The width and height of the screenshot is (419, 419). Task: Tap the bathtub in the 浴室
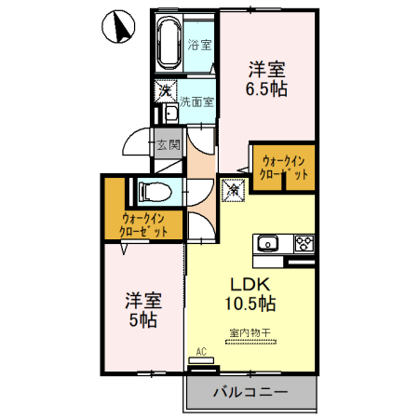[x=168, y=43]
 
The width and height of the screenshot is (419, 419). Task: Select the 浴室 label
[x=198, y=45]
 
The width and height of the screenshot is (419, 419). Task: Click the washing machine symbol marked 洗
[x=165, y=91]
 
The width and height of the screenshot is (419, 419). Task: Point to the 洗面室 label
[x=196, y=101]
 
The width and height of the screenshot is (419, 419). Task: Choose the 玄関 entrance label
[x=168, y=144]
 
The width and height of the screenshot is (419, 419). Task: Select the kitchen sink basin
[x=266, y=244]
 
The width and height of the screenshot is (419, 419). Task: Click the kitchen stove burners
[x=304, y=244]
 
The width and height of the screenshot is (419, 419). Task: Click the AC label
[x=200, y=350]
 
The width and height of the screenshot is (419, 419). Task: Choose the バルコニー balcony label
[x=249, y=390]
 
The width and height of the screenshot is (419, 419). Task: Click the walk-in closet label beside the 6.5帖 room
[x=284, y=168]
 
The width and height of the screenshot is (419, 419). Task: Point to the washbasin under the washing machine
[x=170, y=115]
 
